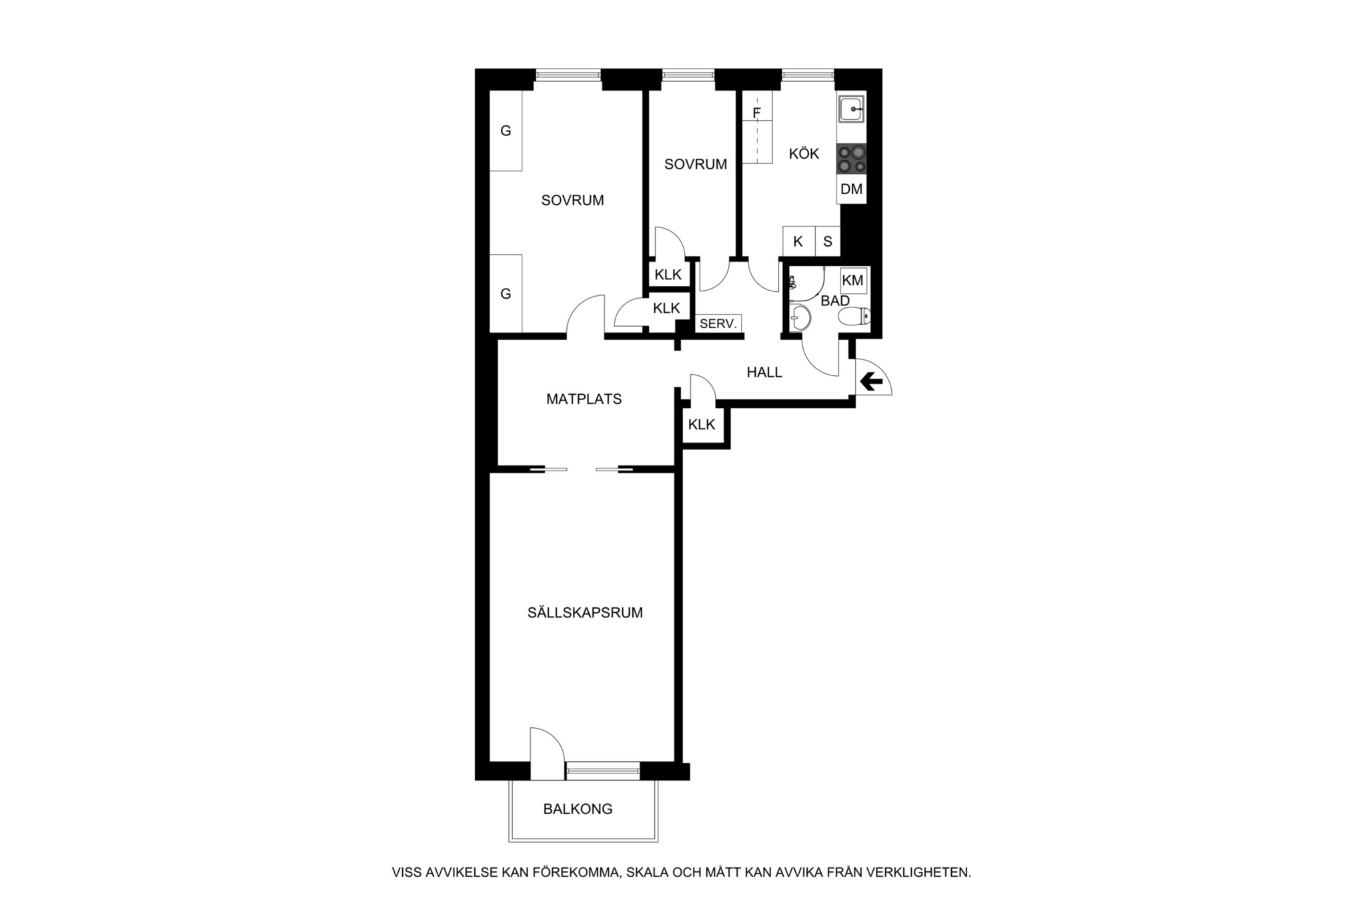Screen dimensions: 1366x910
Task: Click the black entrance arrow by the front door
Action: click(x=871, y=382)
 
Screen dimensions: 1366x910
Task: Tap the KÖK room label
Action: click(x=804, y=154)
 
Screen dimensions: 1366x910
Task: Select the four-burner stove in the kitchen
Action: click(x=852, y=159)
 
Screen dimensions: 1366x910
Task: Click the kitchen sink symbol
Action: click(x=852, y=109)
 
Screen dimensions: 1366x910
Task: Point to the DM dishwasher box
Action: click(x=852, y=189)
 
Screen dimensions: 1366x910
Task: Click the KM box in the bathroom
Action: click(x=853, y=281)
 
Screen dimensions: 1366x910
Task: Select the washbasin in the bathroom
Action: click(x=800, y=319)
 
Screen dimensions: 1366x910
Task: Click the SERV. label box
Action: click(x=718, y=324)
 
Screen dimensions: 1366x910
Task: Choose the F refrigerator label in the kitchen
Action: click(x=756, y=113)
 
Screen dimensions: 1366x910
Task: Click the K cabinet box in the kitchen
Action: click(x=798, y=241)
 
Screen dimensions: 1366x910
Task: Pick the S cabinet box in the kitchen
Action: click(x=828, y=241)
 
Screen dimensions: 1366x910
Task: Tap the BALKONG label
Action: click(x=578, y=809)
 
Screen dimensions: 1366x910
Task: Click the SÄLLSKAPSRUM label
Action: click(x=585, y=613)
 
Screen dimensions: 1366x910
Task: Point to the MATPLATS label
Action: click(x=584, y=399)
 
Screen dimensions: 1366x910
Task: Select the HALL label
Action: click(x=764, y=373)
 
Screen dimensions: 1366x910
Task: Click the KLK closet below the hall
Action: click(x=702, y=425)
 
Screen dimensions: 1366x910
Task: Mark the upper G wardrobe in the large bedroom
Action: click(x=506, y=131)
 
